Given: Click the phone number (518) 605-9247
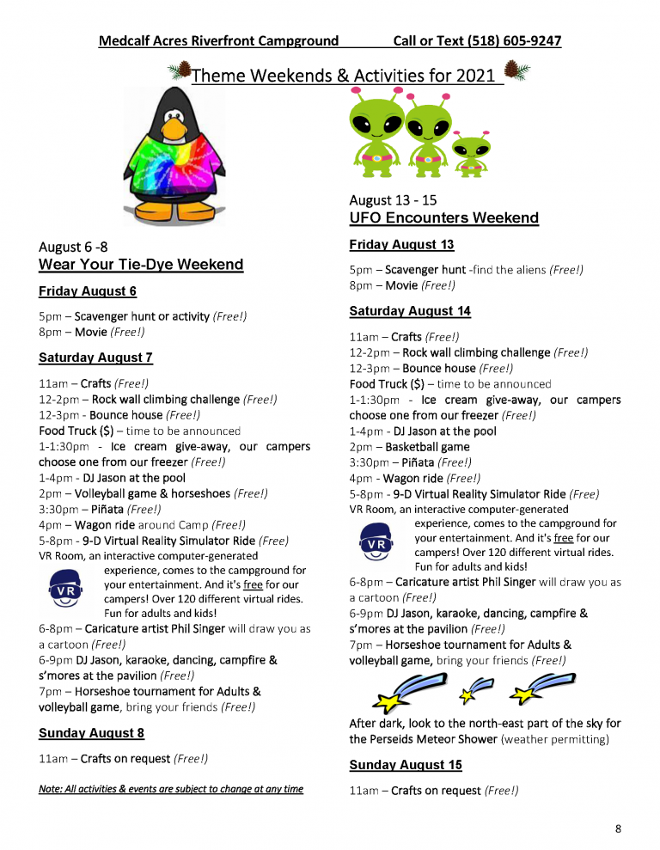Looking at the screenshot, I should coord(513,40).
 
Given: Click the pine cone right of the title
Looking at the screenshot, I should coord(516,70).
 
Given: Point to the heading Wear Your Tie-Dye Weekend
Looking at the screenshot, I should coord(141,265).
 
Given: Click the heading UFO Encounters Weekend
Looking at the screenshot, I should coord(443,218).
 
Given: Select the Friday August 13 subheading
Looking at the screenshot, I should coord(401,245).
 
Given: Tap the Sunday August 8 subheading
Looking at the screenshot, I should coord(91,733).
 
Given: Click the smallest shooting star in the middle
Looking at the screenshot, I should coord(477,688).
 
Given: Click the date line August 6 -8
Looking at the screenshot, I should coord(74,247).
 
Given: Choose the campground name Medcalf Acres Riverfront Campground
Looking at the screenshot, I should coord(218,40).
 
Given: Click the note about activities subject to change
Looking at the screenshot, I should coord(171,789).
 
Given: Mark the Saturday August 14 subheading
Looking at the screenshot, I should coord(410,311).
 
